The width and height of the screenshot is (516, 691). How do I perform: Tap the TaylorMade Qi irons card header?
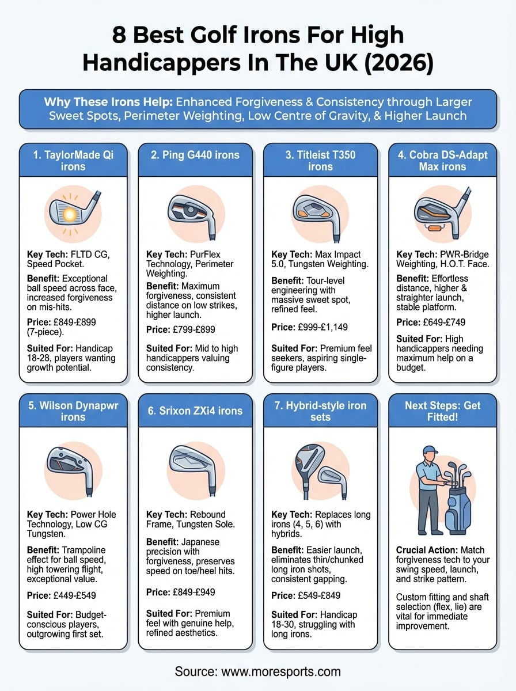point(73,160)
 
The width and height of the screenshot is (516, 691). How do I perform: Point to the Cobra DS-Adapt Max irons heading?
point(442,160)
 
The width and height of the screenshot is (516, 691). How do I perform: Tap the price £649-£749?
point(441,322)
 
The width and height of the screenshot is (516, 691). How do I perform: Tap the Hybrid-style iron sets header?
point(320,411)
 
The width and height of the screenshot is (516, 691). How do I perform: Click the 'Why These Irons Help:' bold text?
point(108,102)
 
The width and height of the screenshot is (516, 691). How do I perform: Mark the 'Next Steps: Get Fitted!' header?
point(442,411)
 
